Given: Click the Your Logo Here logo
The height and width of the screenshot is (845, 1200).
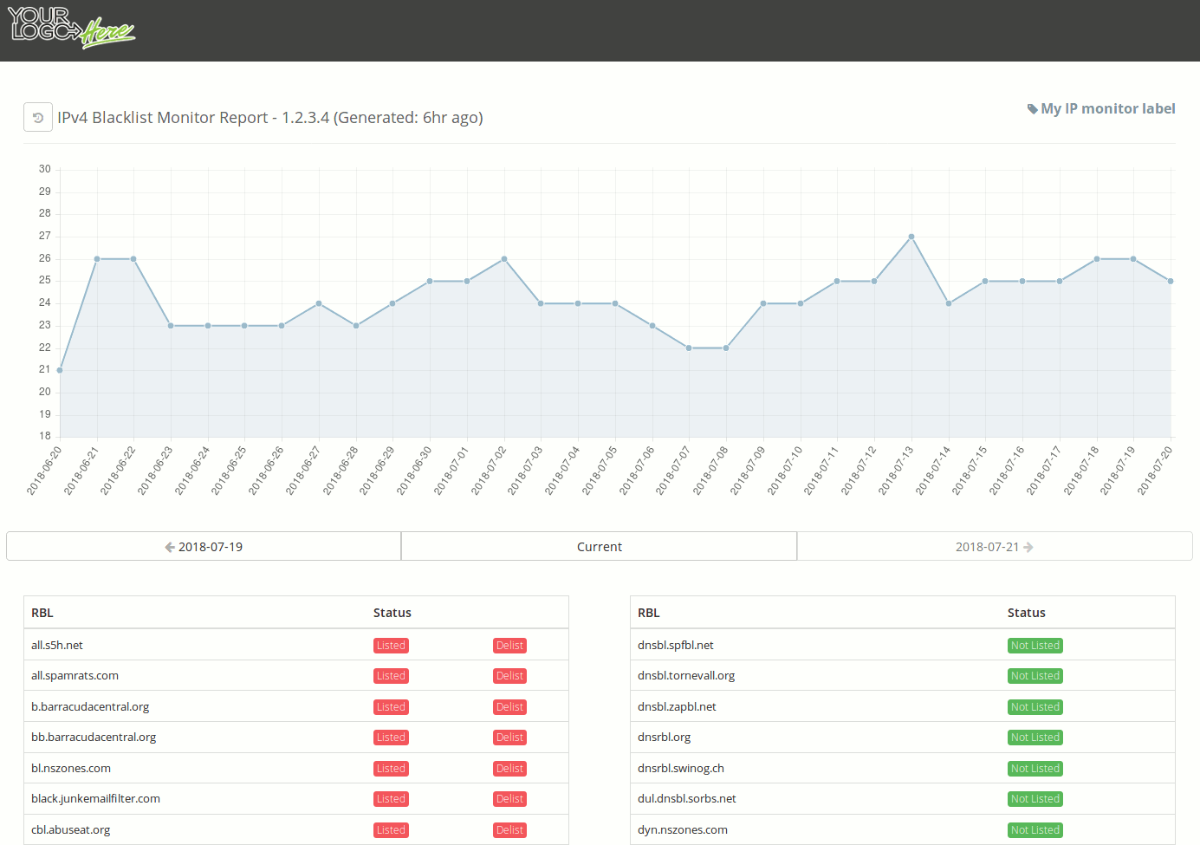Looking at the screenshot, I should (x=71, y=28).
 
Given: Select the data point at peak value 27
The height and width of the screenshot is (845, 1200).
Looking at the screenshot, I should (x=911, y=237).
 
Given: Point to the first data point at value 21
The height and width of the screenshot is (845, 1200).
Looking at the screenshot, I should (x=60, y=370).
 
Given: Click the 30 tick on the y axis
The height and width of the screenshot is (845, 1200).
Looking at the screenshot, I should (x=45, y=169).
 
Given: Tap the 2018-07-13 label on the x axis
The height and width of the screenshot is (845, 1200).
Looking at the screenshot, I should (x=896, y=471).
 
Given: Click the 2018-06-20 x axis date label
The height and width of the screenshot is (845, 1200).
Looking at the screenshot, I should (x=44, y=471).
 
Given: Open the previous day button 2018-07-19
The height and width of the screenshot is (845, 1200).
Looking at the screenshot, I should (x=204, y=547).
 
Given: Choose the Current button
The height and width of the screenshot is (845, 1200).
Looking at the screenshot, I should (x=599, y=547).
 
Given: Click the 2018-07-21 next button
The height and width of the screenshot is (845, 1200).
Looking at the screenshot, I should (x=994, y=547).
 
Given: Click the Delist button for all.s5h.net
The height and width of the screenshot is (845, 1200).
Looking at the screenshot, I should (x=509, y=646).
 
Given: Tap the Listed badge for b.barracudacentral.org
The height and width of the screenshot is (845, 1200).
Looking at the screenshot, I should (x=391, y=707).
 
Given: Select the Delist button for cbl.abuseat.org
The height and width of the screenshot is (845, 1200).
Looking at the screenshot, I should (x=509, y=830).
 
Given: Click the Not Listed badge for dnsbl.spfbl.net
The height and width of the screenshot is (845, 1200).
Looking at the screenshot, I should (x=1035, y=646).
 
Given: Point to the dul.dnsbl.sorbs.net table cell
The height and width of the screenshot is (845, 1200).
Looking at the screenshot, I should (x=686, y=799).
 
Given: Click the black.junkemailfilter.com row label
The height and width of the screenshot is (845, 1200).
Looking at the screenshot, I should (x=95, y=799).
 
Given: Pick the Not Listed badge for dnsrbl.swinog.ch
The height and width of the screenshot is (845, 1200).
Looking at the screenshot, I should (x=1035, y=769).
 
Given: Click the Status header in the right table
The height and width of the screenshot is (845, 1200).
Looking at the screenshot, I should (x=1026, y=613).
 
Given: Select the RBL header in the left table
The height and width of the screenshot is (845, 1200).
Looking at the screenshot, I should (x=42, y=613).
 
